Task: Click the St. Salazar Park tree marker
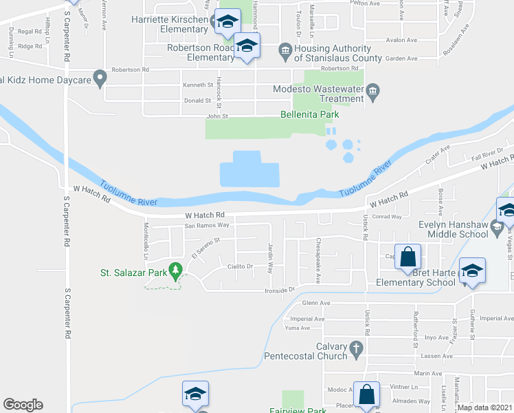[x=177, y=273]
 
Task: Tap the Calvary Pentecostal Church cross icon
[x=356, y=351]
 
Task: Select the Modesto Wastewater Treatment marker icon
[x=372, y=91]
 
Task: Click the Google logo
[x=23, y=405]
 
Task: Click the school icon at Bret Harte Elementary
[x=472, y=271]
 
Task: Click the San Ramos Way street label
[x=206, y=225]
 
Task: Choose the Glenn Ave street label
[x=316, y=303]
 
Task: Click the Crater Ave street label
[x=436, y=154]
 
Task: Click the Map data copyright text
[x=484, y=407]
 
